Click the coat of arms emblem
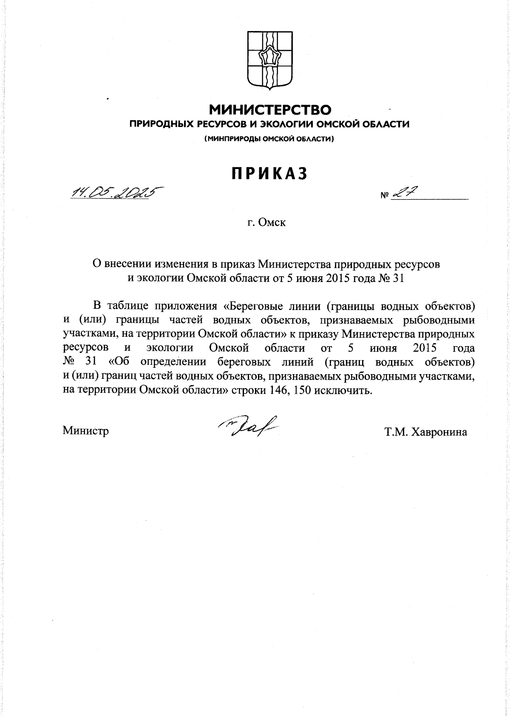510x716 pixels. [269, 60]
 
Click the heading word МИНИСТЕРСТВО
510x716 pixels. [270, 110]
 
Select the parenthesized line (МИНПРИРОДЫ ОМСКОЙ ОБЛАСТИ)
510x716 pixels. [269, 138]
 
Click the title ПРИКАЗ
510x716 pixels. [269, 174]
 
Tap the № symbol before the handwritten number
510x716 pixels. [385, 196]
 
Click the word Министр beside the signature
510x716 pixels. [86, 431]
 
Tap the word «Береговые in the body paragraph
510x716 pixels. [251, 306]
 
